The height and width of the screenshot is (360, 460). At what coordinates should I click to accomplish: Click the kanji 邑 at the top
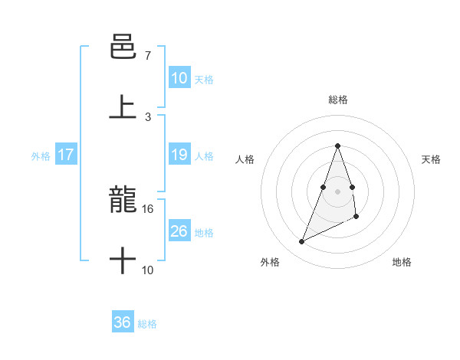123,45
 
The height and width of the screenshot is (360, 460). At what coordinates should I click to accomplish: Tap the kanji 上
123,106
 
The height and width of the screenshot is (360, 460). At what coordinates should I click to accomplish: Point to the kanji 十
123,261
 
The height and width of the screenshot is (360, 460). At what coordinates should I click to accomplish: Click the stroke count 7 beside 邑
147,55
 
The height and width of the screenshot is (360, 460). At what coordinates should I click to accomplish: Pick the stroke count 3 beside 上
147,116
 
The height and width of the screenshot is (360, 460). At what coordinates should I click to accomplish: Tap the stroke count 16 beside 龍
148,208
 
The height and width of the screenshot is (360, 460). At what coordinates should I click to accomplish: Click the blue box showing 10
179,77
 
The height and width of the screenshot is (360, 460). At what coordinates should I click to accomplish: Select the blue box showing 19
179,155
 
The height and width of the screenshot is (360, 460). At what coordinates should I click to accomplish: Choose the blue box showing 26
179,231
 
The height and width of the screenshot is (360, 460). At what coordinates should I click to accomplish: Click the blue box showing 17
66,155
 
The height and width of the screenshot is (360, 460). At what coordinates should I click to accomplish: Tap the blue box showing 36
123,322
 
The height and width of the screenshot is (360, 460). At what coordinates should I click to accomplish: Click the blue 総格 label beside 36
147,324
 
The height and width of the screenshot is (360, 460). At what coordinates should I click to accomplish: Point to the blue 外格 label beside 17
41,156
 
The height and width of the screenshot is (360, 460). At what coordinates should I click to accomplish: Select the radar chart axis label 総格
337,100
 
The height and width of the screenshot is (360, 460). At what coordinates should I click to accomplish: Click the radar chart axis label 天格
432,159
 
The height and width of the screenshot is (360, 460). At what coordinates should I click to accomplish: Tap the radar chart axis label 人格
245,159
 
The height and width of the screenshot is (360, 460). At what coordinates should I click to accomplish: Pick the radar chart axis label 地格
402,262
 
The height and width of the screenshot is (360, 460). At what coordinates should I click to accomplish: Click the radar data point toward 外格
301,242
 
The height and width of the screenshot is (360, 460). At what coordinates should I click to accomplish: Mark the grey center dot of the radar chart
337,191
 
